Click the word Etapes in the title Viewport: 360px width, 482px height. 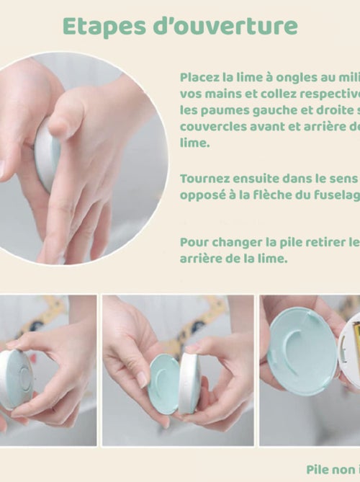click(98, 26)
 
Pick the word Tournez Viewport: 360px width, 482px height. click(204, 178)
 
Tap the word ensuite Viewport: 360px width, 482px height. click(255, 178)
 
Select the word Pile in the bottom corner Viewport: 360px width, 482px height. click(318, 469)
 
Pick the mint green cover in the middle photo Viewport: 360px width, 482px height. click(164, 383)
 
